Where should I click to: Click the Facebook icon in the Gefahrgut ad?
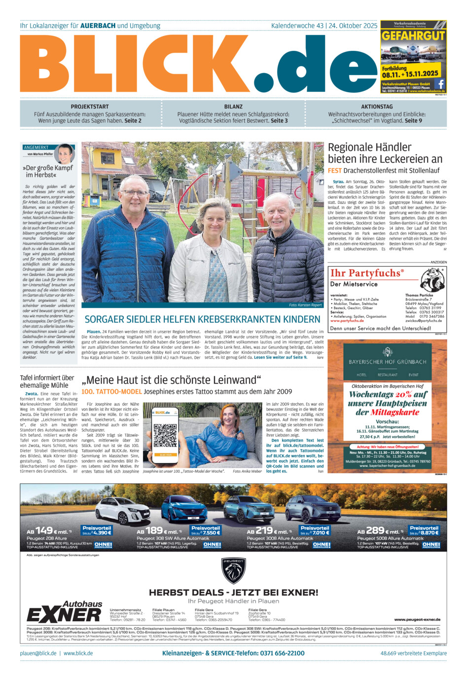point(439,84)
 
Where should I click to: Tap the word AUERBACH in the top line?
point(98,26)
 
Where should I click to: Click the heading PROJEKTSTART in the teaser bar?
point(90,107)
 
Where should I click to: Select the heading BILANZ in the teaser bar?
point(233,107)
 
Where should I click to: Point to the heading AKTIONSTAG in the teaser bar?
point(377,107)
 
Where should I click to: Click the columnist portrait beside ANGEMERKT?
point(65,153)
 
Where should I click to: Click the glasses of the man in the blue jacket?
point(134,193)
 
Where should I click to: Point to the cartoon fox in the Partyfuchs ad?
point(432,279)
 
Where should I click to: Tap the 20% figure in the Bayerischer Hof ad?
point(403,394)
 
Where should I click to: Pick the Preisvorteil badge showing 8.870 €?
point(424,530)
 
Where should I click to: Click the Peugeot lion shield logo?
point(233,571)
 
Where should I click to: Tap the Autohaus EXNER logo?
point(65,612)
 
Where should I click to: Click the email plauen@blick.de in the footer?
point(38,653)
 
